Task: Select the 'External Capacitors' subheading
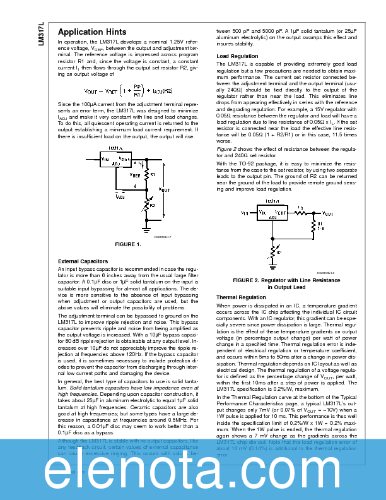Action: pyautogui.click(x=83, y=261)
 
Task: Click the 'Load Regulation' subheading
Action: pyautogui.click(x=237, y=56)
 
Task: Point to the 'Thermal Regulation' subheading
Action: pyautogui.click(x=223, y=297)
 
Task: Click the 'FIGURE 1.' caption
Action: pyautogui.click(x=127, y=244)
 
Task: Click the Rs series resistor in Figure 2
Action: pyautogui.click(x=301, y=214)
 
